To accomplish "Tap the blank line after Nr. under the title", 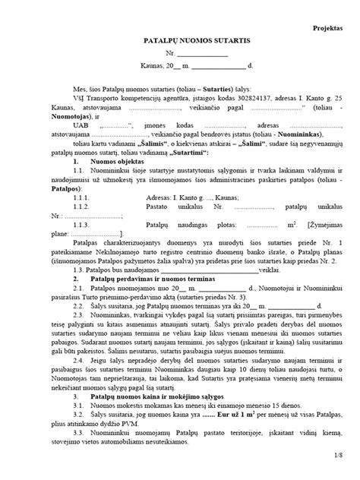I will pos(202,56).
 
